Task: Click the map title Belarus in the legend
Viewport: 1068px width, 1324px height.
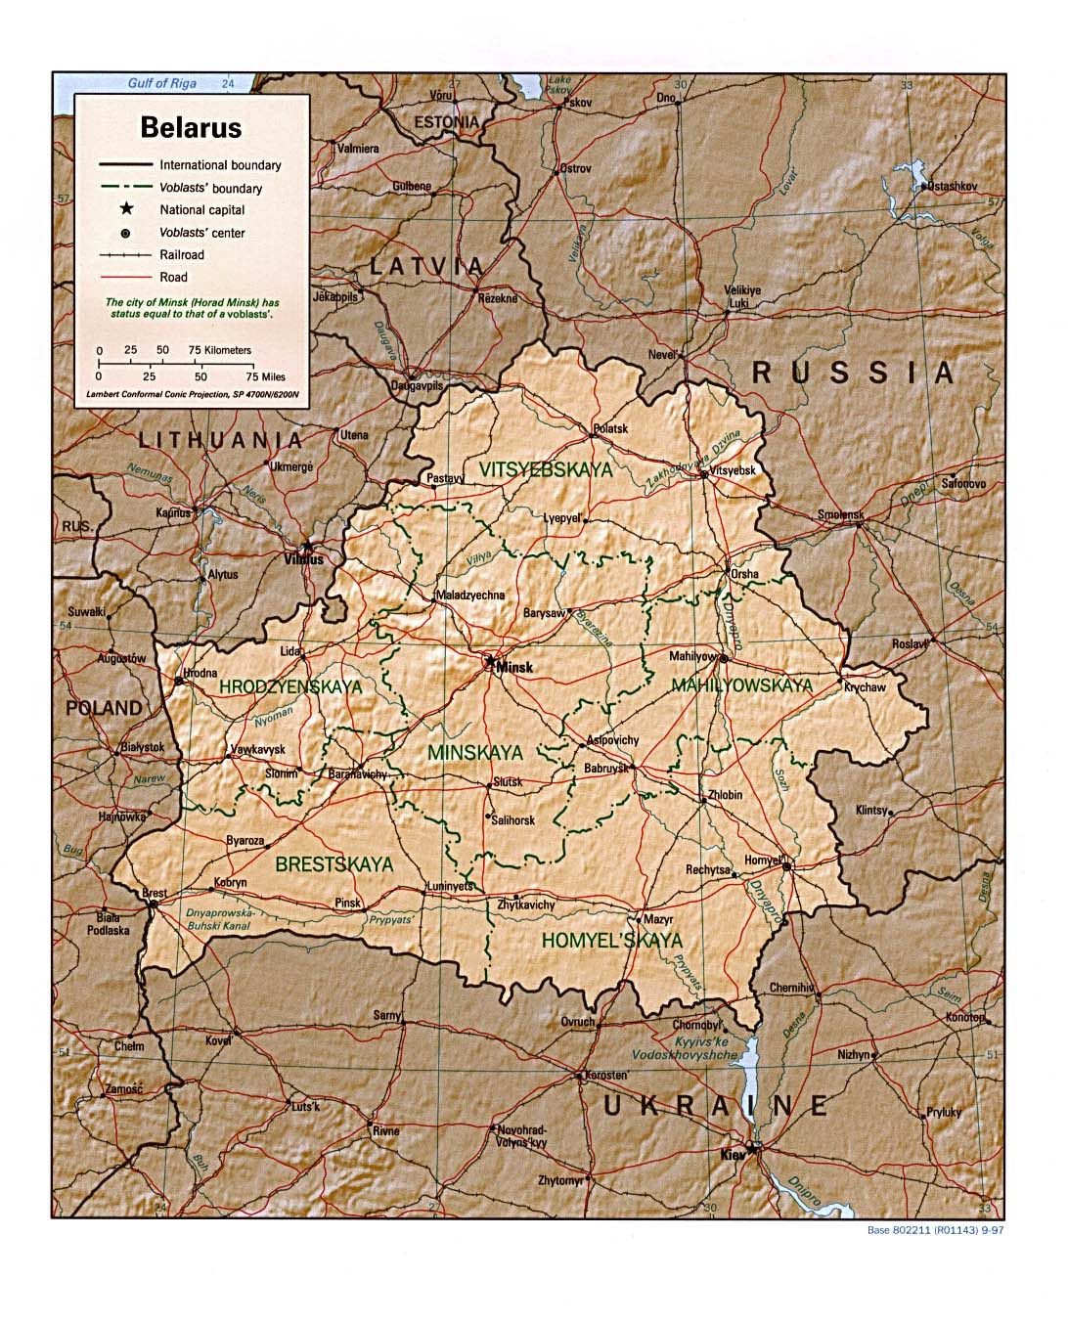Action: coord(191,127)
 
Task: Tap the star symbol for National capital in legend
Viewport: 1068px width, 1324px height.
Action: coord(126,209)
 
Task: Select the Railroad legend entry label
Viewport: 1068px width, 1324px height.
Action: coord(183,255)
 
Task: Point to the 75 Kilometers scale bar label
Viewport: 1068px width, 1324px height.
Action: coord(220,350)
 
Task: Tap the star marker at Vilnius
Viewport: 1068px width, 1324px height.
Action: coord(309,547)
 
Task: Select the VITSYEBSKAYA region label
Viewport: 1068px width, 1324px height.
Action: coord(546,470)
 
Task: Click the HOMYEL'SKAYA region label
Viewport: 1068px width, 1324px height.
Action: coord(612,941)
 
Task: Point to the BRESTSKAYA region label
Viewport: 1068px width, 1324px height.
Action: coord(334,864)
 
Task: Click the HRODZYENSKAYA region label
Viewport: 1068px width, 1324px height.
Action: coord(290,687)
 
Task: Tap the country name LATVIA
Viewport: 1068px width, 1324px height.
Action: coord(426,266)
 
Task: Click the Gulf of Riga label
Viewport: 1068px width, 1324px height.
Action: coord(162,83)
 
